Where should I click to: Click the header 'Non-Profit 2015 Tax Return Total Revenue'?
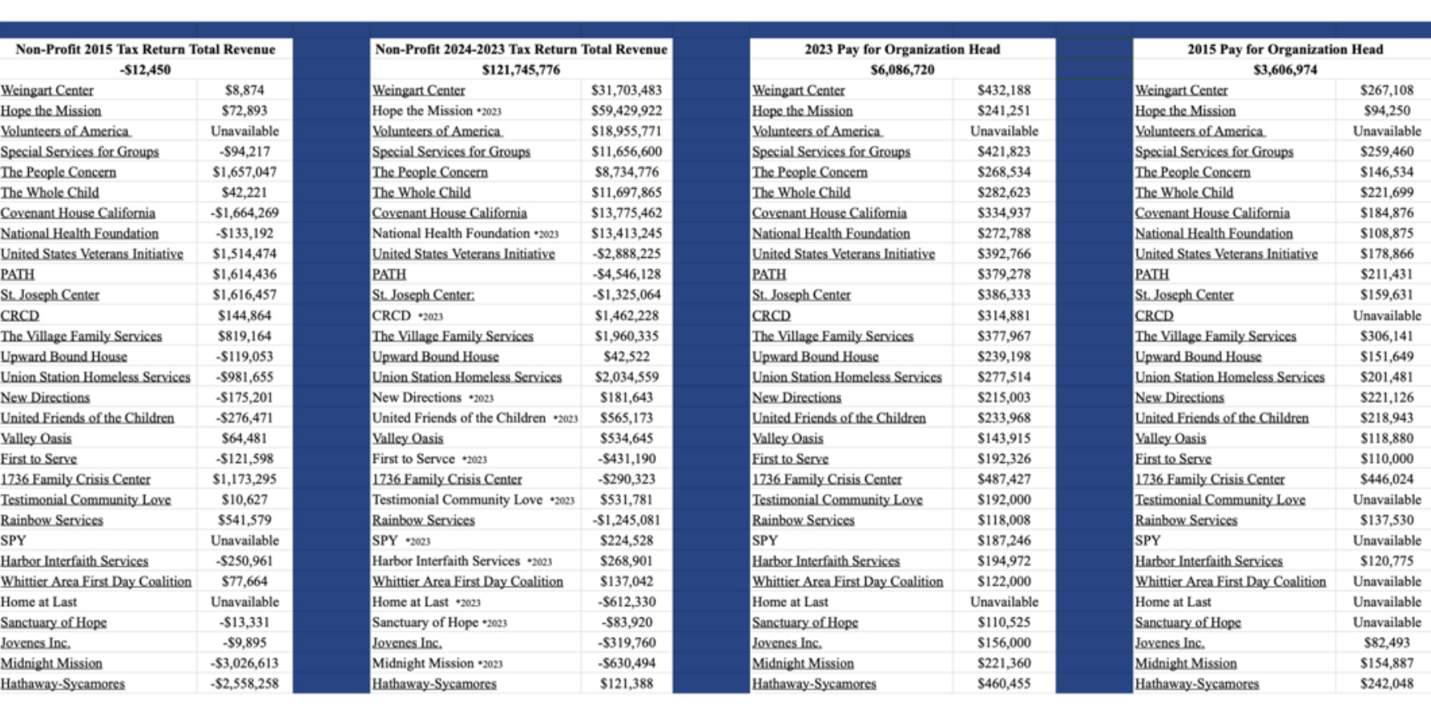[x=145, y=49]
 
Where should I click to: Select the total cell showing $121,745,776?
[x=521, y=70]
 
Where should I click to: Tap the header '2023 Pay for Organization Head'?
[x=902, y=49]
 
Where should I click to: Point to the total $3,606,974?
[x=1285, y=70]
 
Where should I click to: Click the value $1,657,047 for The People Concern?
[x=244, y=172]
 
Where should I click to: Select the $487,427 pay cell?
[x=1004, y=479]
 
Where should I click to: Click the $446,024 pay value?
[x=1386, y=479]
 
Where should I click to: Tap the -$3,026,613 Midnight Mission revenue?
[x=244, y=663]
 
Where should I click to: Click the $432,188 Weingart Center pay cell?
[x=1004, y=90]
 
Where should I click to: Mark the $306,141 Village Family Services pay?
[x=1386, y=336]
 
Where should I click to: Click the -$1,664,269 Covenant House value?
[x=244, y=213]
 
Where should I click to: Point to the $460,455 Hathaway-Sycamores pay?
[x=1004, y=684]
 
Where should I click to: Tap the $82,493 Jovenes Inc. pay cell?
[x=1386, y=642]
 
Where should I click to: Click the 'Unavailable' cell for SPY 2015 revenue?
[x=244, y=541]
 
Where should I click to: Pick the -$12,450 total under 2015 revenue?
[x=145, y=70]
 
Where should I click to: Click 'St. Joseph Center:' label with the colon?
[x=423, y=295]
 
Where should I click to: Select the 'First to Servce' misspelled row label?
[x=413, y=459]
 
